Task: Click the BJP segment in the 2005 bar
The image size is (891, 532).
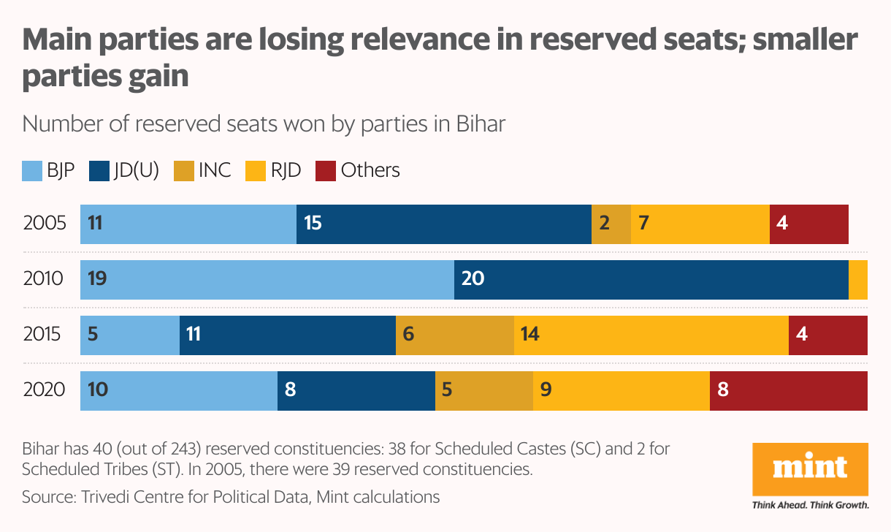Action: click(188, 224)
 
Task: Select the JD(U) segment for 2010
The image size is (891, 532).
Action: click(651, 279)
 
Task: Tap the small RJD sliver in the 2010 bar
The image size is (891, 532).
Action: click(858, 279)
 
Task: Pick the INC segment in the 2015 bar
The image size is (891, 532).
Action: click(454, 335)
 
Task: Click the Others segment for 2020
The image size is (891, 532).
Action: click(788, 390)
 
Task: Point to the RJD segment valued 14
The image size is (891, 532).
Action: click(651, 335)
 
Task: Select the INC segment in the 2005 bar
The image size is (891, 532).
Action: click(611, 224)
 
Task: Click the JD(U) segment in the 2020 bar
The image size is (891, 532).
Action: click(356, 390)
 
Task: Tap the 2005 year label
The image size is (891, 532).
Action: click(45, 224)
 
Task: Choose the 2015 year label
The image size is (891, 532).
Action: click(45, 335)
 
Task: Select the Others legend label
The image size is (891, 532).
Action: click(370, 170)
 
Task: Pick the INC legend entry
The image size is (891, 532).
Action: click(202, 170)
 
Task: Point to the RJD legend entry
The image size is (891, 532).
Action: click(273, 170)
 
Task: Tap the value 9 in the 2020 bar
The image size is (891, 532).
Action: click(546, 389)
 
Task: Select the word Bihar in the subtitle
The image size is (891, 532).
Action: click(480, 123)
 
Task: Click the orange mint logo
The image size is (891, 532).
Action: click(810, 468)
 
